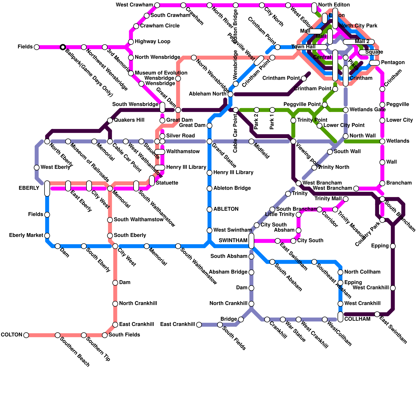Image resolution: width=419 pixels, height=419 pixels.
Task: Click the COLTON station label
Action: [12, 335]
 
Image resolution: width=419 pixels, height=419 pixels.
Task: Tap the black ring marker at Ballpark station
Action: [63, 47]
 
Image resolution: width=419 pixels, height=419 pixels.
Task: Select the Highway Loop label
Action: [152, 42]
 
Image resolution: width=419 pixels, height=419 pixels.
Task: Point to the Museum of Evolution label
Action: [161, 73]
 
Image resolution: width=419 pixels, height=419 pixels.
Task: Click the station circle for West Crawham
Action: [157, 5]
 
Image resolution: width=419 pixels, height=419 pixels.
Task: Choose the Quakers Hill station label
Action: [129, 120]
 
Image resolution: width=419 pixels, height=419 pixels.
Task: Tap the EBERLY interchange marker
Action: [47, 188]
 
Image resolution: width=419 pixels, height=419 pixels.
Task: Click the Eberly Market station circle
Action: [47, 236]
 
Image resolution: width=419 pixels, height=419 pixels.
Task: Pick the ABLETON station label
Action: [226, 209]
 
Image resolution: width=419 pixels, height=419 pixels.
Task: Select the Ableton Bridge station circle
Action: [210, 189]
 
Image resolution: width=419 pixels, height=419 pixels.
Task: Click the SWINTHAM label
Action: [233, 241]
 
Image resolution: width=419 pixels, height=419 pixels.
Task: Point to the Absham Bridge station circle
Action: [251, 272]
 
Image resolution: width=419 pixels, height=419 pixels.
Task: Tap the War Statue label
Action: [295, 332]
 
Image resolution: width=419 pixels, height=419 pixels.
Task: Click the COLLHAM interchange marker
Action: [340, 317]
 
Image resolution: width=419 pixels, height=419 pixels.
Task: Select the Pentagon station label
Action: [393, 63]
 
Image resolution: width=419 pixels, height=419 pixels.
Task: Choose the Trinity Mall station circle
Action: [346, 199]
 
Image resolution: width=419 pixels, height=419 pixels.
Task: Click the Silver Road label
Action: [180, 136]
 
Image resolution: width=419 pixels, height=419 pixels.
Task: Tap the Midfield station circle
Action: [251, 141]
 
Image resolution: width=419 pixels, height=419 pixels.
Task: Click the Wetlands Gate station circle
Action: [346, 110]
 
